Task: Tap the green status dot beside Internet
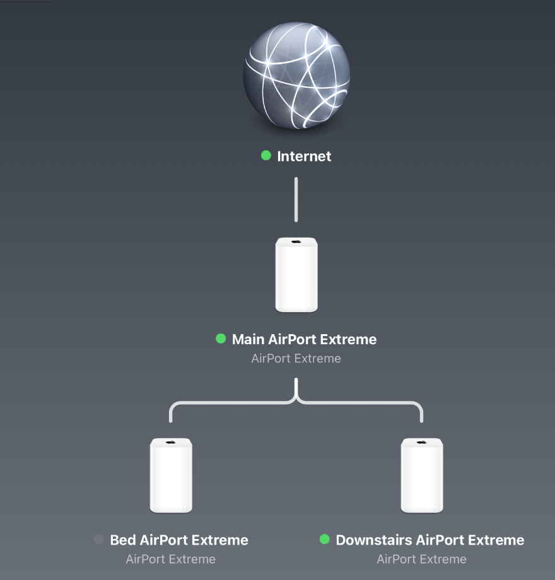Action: (x=266, y=155)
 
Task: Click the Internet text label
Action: (x=304, y=156)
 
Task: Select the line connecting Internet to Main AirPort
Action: (x=296, y=199)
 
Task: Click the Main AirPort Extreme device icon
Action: (x=296, y=275)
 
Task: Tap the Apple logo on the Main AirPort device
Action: (x=296, y=242)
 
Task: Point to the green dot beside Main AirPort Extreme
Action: (x=221, y=339)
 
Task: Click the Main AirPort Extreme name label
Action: (x=304, y=339)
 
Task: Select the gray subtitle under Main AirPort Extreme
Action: (x=296, y=359)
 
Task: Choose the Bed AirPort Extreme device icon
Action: (x=171, y=476)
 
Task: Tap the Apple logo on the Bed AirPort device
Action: (x=171, y=443)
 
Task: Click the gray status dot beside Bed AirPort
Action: (x=98, y=539)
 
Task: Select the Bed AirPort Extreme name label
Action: (x=179, y=540)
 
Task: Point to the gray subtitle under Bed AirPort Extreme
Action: (x=170, y=559)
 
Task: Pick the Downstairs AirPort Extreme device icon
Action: (x=422, y=476)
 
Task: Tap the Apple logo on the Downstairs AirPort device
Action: (x=422, y=443)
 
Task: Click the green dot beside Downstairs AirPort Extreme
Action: (x=325, y=539)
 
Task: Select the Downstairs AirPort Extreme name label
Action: (x=429, y=540)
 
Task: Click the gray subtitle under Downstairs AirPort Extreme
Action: (x=421, y=559)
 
